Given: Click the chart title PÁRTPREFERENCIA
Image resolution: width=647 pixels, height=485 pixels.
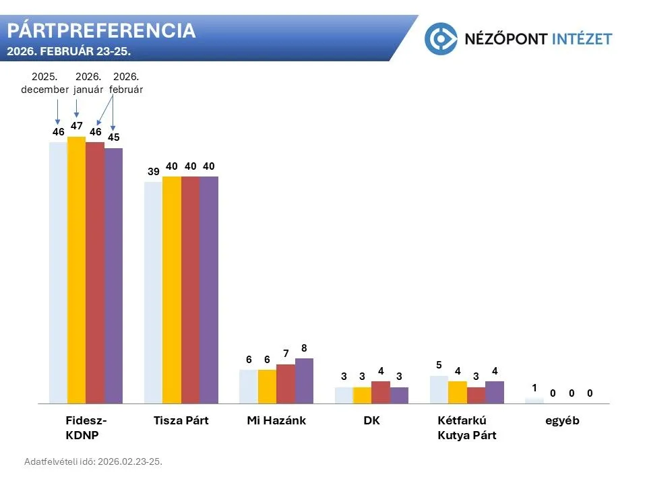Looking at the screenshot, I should point(101,30).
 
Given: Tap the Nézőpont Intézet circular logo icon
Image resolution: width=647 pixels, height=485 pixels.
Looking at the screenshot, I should point(441,38).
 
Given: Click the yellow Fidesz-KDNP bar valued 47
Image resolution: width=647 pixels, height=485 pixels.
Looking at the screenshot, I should point(76,269).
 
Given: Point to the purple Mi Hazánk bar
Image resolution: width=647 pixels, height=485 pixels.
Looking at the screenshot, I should point(304,381).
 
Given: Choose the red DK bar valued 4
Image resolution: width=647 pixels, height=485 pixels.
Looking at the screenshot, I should point(381,392).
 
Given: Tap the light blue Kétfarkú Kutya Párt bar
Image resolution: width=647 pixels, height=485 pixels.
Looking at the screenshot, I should point(439,389).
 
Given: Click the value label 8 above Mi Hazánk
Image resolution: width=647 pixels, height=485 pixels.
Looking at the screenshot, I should point(304,348).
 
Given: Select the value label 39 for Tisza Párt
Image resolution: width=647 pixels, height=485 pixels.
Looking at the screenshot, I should point(153,172).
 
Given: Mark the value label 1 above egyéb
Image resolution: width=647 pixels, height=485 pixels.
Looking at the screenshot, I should point(534,387).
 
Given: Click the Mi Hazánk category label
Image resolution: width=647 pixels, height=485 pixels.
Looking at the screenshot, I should point(276,420).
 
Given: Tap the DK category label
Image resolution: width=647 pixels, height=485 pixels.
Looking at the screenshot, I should point(371,420).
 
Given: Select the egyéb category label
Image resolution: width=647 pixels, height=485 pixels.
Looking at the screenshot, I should point(562,420).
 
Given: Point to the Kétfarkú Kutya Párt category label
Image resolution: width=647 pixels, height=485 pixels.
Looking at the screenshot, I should point(467,428).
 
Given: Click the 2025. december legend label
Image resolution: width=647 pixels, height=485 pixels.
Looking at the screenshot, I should point(44,83).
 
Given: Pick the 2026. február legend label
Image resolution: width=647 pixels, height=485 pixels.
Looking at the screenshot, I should point(126,83).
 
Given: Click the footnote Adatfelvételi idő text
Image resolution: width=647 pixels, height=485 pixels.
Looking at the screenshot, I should point(93,461).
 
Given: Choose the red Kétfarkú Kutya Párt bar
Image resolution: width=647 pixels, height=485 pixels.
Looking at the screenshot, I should point(476,395).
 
